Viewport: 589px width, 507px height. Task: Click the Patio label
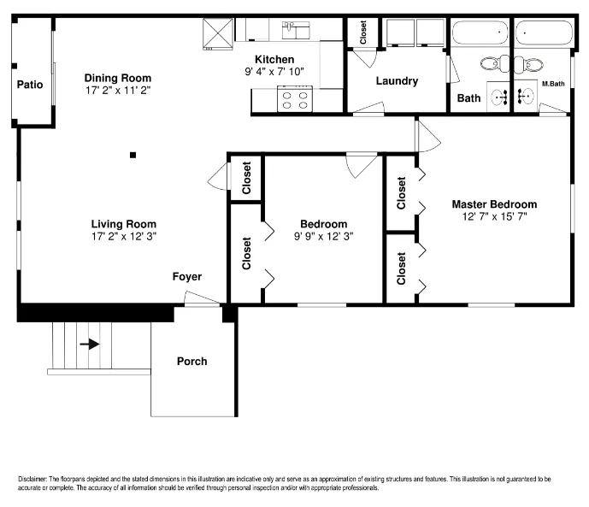30,85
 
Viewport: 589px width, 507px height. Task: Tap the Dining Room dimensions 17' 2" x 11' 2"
118,90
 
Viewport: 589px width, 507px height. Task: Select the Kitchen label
274,59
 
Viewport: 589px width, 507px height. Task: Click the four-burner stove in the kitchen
295,99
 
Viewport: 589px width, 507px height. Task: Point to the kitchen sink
296,31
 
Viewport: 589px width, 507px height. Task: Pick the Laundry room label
397,81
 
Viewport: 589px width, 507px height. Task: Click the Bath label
468,98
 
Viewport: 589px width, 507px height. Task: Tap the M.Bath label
553,84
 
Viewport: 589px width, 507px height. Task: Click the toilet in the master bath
528,65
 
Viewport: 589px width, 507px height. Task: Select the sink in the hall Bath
498,97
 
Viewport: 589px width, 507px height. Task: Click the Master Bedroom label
494,204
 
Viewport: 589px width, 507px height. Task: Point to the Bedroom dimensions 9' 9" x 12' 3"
323,236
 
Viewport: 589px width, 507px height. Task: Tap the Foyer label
187,277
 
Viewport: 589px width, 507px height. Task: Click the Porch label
192,362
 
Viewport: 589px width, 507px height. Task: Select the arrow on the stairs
90,344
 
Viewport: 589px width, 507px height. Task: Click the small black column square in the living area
133,155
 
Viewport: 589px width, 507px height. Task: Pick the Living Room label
124,224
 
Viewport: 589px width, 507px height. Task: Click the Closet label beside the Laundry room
362,32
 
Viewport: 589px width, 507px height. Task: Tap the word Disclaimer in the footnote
32,479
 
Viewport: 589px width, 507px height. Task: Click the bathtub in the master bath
544,32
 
